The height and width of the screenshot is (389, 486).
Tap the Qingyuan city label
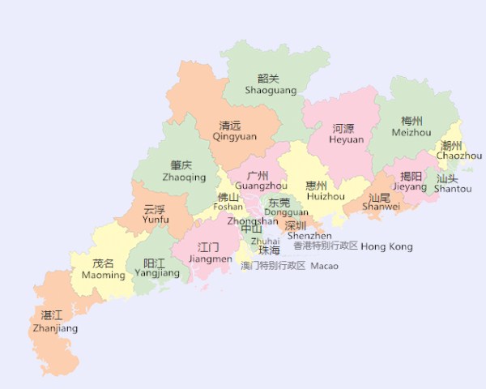[234, 131]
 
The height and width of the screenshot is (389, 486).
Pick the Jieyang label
[410, 182]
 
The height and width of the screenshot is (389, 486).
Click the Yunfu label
[156, 214]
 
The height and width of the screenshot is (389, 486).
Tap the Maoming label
[103, 269]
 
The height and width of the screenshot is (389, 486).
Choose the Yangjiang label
[157, 268]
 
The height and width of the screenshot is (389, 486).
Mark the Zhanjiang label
[55, 323]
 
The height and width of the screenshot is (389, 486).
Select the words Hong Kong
[386, 246]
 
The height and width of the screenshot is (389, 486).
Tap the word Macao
[324, 266]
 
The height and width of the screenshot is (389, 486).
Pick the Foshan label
[228, 202]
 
